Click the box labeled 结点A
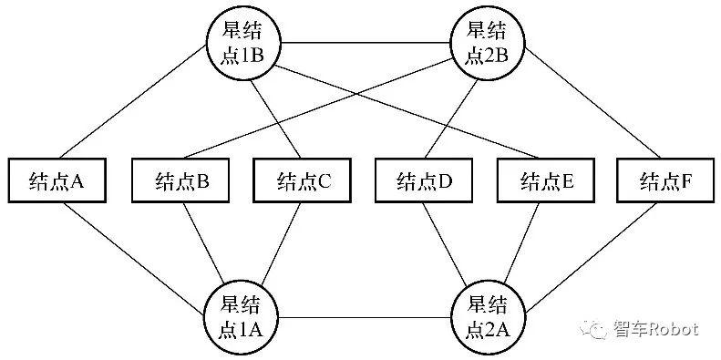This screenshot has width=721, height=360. coord(57,180)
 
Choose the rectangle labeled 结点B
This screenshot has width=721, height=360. coord(180,180)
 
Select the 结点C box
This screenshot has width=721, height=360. coord(302,180)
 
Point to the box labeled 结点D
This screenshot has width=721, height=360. coord(424,180)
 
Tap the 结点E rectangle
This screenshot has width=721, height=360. coord(546,180)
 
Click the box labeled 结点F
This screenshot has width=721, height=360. coord(665,180)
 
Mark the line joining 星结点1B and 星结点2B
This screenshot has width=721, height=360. coord(365,43)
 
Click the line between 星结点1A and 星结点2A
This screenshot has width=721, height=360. coord(365,317)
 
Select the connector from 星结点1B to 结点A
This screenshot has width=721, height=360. coord(131,101)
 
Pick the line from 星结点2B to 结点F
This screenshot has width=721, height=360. coord(593,102)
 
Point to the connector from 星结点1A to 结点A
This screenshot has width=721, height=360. coord(133,260)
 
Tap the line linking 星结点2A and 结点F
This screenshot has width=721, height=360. coord(591,258)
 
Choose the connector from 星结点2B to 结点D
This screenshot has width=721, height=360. coord(450,118)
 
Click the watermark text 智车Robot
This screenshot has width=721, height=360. coord(656,329)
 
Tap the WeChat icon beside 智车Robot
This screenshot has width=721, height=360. coord(595,330)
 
